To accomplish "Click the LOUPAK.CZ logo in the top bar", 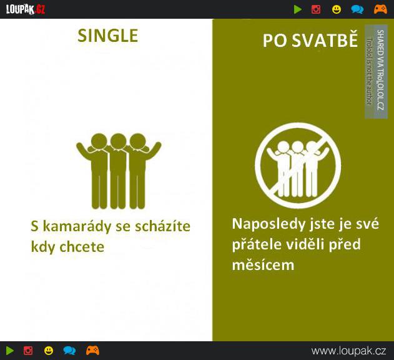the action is coord(26,9).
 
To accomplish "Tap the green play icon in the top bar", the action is coord(298,9).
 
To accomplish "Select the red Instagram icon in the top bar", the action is coord(316,9).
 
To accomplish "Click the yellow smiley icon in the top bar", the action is coord(337,9).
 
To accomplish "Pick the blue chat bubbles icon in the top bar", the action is coord(357,9).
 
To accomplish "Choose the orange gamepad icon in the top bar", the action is coord(380,9).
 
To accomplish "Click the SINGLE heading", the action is coord(108,36).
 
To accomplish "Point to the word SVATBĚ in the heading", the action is coord(325,40).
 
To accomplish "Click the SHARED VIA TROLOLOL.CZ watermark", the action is coord(380,70).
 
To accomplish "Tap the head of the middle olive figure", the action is coord(119,141).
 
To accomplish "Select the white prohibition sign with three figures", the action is coord(298,165).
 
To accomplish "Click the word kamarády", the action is coord(77,226).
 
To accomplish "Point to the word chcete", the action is coord(82,247).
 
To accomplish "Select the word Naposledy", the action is coord(268,224).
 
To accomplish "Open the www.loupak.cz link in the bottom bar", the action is coord(349,351).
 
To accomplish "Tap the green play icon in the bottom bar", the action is coord(10,351).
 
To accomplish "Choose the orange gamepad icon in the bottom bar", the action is coord(92,351).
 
